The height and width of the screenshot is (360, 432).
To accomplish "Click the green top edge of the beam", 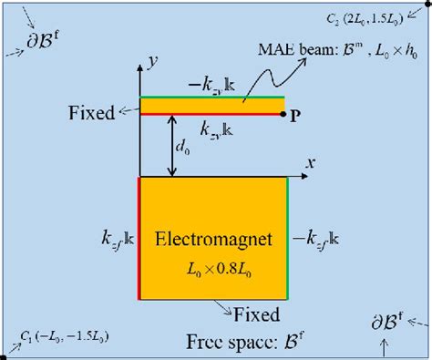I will tap(211, 98).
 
